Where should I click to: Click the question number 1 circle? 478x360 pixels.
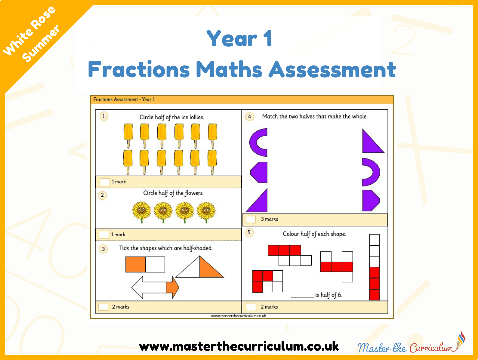point(104,116)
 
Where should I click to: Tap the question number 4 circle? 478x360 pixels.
point(249,117)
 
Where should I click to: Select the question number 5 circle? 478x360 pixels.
point(249,232)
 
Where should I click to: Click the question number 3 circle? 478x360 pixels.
point(103,249)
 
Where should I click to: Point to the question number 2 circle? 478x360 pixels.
point(102,195)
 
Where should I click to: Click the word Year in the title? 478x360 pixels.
point(232,38)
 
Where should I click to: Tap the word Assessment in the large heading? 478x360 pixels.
point(332,69)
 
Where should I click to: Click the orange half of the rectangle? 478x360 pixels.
point(135,264)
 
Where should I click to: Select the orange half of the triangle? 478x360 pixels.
point(209,269)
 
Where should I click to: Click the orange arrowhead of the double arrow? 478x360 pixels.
point(172,287)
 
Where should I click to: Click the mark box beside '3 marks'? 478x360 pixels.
point(251,219)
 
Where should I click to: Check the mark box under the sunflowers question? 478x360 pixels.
point(104,235)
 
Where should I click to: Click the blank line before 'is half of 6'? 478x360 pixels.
point(302,297)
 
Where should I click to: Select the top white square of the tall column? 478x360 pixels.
point(375,240)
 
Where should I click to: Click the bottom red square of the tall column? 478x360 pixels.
point(375,295)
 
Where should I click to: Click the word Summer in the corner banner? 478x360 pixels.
point(41,43)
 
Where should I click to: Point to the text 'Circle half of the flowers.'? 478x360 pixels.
point(173,193)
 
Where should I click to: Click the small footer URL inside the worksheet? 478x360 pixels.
point(238,316)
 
